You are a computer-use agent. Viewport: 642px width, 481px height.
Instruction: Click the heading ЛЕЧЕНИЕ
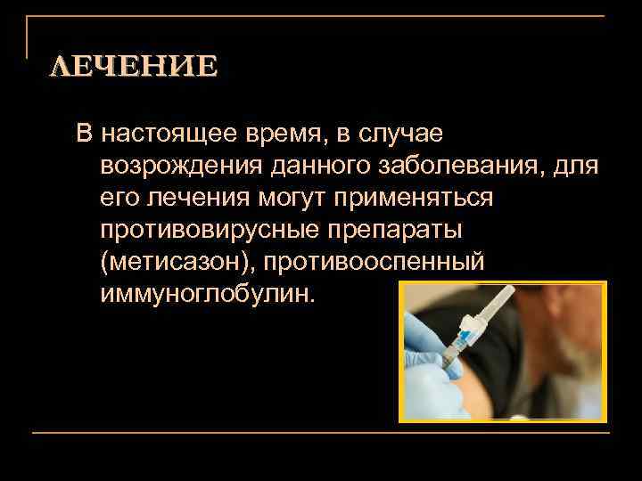pos(132,67)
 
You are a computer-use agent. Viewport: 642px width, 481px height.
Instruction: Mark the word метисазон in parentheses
pos(183,262)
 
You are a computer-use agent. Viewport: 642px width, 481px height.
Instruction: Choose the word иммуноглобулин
pos(207,294)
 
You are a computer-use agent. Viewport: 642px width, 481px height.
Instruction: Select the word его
pos(117,198)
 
